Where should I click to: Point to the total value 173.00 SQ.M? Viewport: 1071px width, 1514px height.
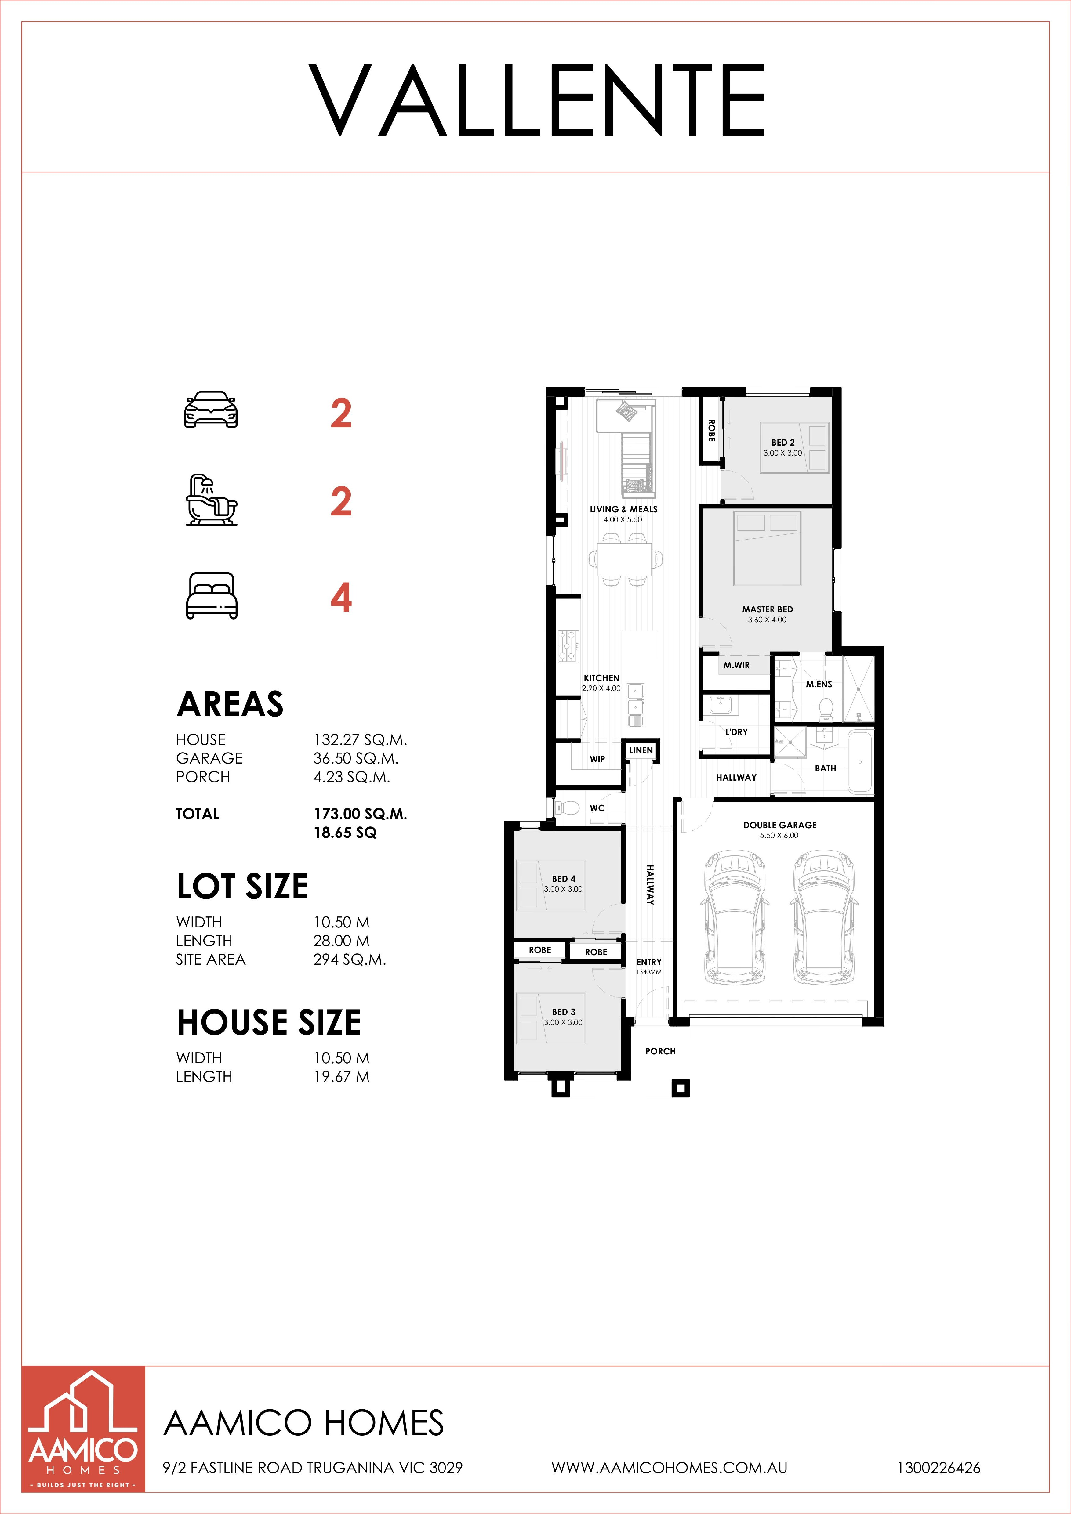pyautogui.click(x=360, y=814)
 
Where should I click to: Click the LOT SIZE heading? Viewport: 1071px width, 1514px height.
pyautogui.click(x=243, y=886)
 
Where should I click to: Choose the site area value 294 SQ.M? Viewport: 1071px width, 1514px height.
pyautogui.click(x=350, y=959)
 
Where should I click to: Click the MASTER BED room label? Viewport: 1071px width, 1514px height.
pyautogui.click(x=768, y=609)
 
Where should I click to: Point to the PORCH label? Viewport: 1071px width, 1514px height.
pyautogui.click(x=660, y=1051)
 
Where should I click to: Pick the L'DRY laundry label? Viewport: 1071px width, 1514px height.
pyautogui.click(x=737, y=732)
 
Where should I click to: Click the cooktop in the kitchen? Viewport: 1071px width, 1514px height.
pyautogui.click(x=568, y=647)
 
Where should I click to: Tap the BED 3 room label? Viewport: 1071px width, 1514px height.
pyautogui.click(x=564, y=1012)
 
